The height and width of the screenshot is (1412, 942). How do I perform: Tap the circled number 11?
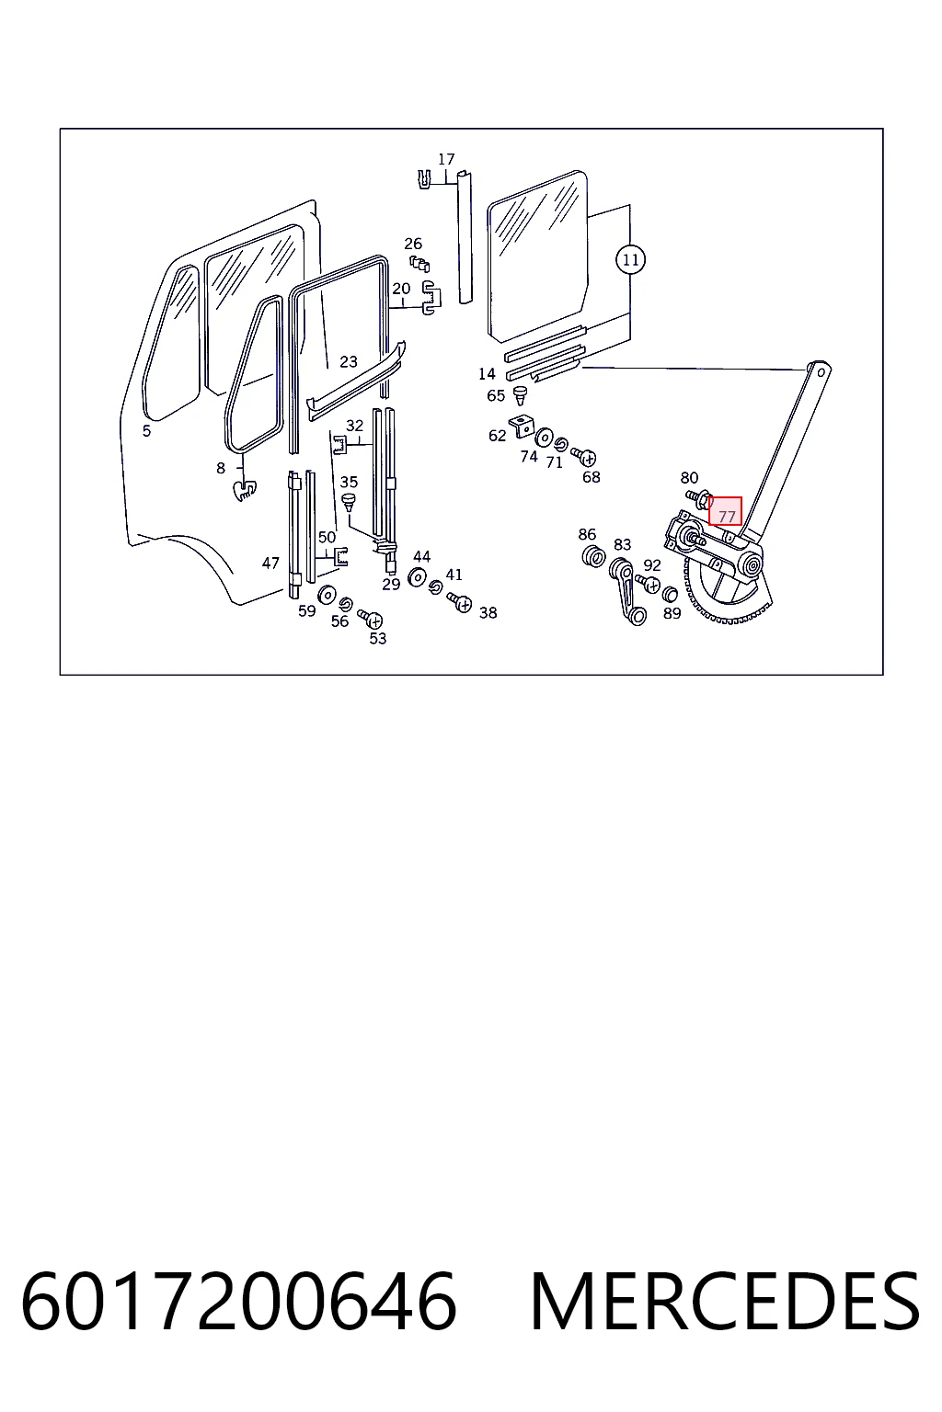point(630,260)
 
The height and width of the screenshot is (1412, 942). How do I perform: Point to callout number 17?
point(446,159)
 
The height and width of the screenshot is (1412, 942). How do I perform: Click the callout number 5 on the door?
point(146,431)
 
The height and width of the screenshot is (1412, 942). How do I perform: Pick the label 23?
point(349,362)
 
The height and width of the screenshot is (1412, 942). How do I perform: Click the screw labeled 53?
point(371,619)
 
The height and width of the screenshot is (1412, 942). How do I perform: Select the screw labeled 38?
point(459,602)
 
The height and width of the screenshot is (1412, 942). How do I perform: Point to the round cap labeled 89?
point(670,594)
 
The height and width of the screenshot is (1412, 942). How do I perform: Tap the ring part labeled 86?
point(593,556)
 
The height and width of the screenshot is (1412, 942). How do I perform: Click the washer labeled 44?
point(417,576)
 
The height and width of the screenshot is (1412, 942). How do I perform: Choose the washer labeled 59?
point(327,595)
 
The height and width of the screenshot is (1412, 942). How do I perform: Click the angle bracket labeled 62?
point(522,426)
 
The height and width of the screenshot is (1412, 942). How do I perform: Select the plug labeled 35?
point(349,504)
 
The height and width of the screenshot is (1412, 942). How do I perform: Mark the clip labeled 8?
point(244,490)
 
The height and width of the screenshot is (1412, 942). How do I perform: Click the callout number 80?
point(689,478)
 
